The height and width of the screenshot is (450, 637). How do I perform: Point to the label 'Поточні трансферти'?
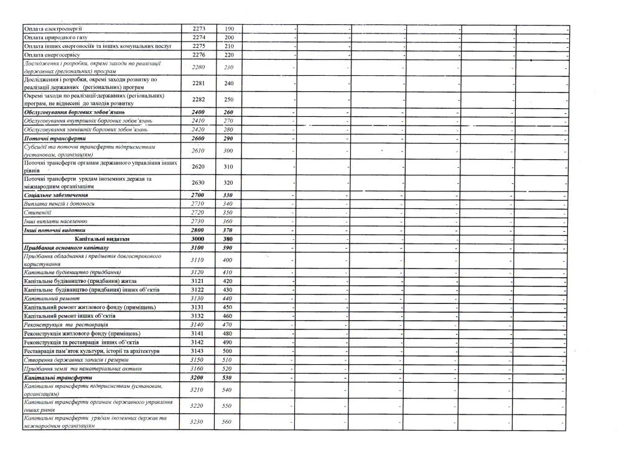(x=46, y=138)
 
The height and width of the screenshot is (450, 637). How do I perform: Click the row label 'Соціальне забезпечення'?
(x=55, y=195)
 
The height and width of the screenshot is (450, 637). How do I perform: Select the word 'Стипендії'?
(x=36, y=212)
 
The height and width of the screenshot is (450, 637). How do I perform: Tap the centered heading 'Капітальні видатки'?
(x=101, y=239)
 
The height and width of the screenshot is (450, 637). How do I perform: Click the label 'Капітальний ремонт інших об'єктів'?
(x=68, y=316)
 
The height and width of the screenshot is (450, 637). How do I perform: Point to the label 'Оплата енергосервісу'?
(x=52, y=55)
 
